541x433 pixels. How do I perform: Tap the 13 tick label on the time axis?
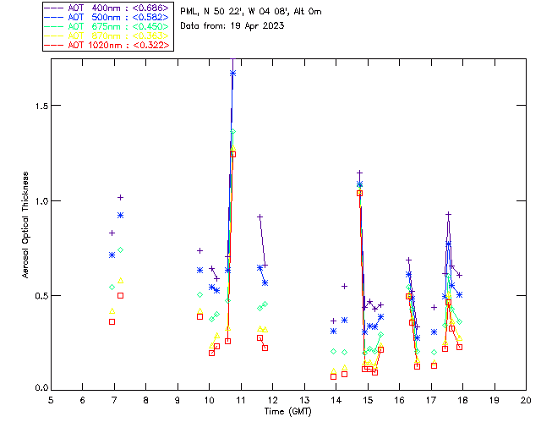tap(304, 398)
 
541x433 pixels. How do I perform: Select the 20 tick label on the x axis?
tap(526, 398)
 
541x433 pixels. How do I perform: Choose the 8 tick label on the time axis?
tap(146, 398)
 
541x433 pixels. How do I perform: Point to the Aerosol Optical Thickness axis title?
tap(26, 220)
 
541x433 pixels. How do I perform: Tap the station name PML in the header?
tap(189, 12)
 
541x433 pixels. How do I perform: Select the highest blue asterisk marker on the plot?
tap(232, 74)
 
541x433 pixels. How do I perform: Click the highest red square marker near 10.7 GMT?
tap(232, 154)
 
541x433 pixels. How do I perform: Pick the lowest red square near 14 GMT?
tap(333, 376)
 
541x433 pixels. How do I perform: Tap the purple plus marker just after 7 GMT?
tap(120, 197)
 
